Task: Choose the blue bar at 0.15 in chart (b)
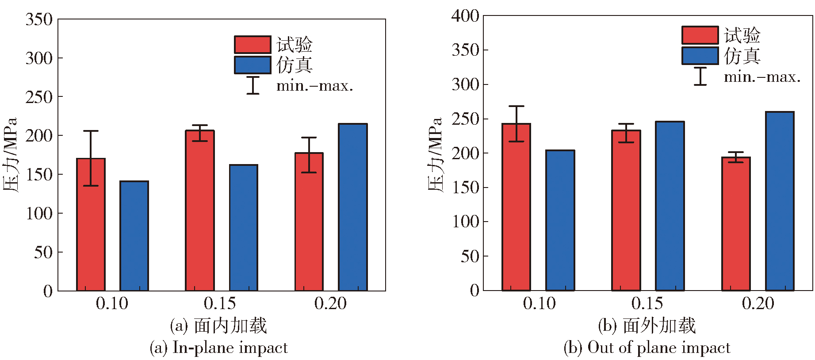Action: click(x=670, y=206)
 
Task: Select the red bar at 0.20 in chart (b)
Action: click(x=736, y=224)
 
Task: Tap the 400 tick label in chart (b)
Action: click(x=465, y=16)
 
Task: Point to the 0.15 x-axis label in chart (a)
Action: click(x=220, y=303)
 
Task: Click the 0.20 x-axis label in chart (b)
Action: click(x=758, y=303)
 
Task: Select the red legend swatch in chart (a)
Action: click(x=253, y=45)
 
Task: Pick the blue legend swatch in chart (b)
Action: click(x=700, y=56)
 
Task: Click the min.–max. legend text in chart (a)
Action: click(x=314, y=85)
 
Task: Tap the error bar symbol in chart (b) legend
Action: click(x=700, y=76)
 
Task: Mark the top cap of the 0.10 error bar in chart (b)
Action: click(x=516, y=106)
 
